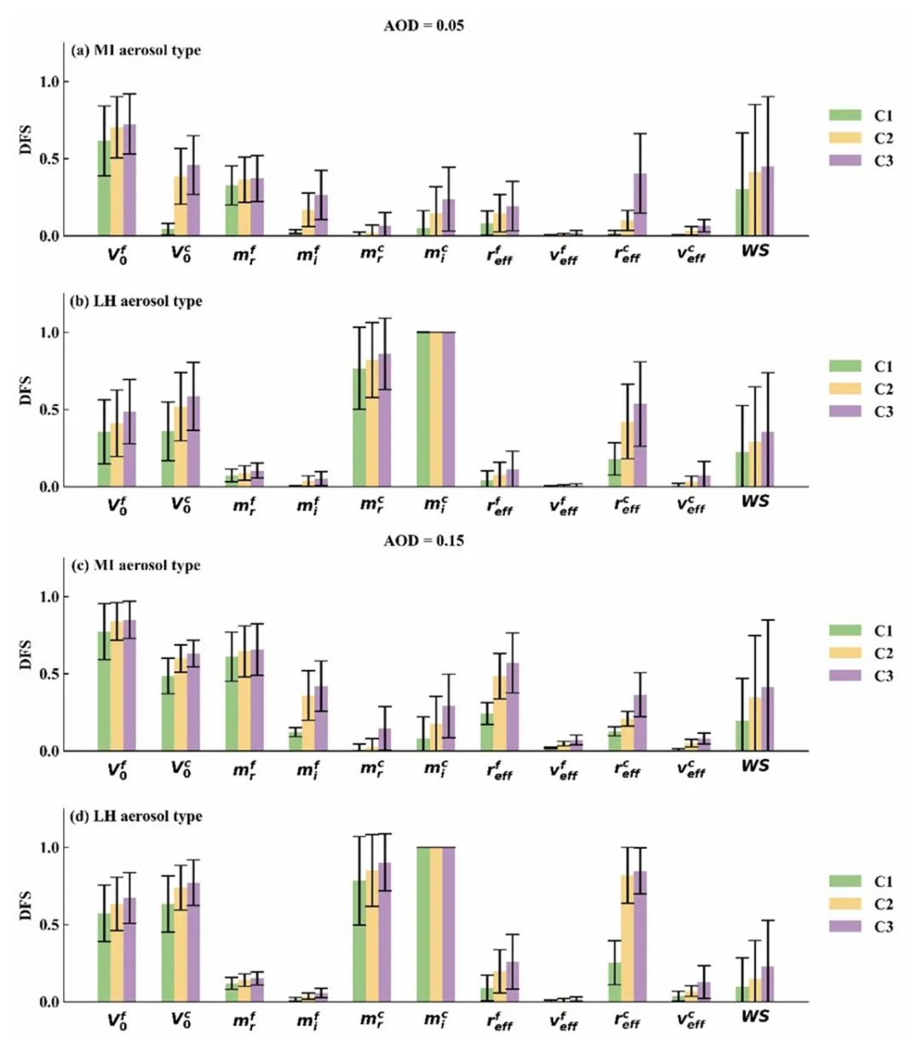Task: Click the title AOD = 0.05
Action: (x=423, y=26)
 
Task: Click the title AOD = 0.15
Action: (x=423, y=540)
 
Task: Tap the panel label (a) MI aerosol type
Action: (x=136, y=50)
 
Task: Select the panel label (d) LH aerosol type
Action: (x=136, y=816)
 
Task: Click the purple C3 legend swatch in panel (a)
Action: (x=845, y=160)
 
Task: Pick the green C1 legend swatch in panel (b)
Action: (x=845, y=366)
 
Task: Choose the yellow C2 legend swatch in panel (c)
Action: (x=845, y=653)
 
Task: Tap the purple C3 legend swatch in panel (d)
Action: (x=845, y=927)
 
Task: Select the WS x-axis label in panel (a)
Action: (x=755, y=251)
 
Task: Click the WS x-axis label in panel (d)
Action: (x=755, y=1016)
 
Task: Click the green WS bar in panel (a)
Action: (x=742, y=212)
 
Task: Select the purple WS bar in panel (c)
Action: (x=768, y=719)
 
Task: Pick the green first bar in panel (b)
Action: (x=104, y=459)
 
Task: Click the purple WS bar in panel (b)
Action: (x=768, y=459)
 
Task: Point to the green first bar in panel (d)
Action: (x=104, y=957)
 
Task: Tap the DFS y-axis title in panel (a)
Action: (x=26, y=139)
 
